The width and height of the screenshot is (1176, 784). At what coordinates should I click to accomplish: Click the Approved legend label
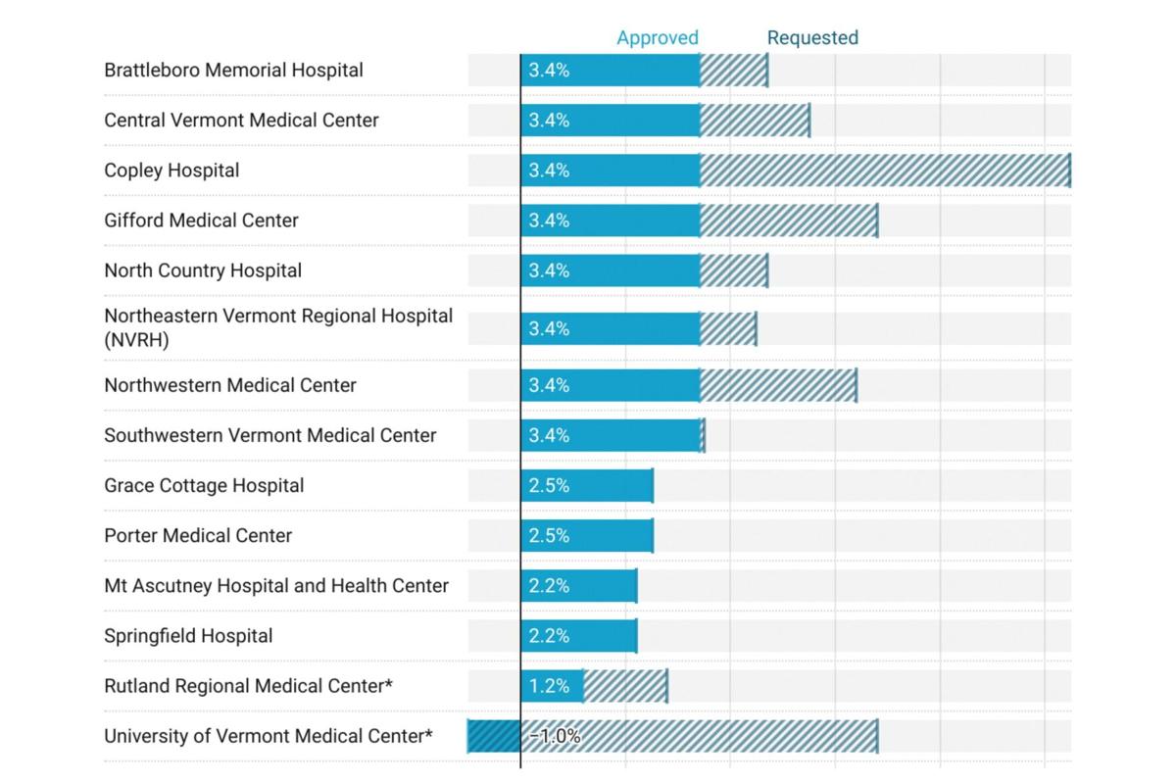657,38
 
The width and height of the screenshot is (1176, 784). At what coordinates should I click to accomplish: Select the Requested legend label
812,38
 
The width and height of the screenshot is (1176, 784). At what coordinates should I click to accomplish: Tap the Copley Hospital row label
171,171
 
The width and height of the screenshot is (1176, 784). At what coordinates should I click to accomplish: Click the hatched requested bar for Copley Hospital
884,171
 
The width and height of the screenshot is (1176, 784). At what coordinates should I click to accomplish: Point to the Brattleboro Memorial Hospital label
233,71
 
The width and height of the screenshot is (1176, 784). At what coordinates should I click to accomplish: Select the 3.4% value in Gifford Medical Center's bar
549,220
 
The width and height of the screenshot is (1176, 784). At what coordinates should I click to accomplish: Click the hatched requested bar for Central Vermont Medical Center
755,121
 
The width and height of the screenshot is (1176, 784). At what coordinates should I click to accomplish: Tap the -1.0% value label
556,736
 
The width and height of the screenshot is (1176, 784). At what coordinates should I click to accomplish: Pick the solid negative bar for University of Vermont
494,736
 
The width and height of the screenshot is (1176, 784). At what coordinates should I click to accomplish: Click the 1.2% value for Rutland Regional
549,686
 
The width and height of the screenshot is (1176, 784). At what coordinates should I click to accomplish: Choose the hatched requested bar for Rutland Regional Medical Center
625,686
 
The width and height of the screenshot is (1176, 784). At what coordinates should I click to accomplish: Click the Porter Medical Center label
198,536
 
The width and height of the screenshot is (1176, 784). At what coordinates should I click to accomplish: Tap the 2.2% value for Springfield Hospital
549,636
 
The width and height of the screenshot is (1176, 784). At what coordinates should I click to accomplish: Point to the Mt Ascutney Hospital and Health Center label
276,586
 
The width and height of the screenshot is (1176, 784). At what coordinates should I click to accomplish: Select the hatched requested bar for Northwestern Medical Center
778,385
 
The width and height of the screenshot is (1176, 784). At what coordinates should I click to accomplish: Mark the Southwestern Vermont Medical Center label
270,435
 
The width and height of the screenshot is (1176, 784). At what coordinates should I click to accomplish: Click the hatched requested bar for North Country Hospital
733,270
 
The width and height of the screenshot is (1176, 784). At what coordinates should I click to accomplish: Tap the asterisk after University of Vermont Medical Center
427,733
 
